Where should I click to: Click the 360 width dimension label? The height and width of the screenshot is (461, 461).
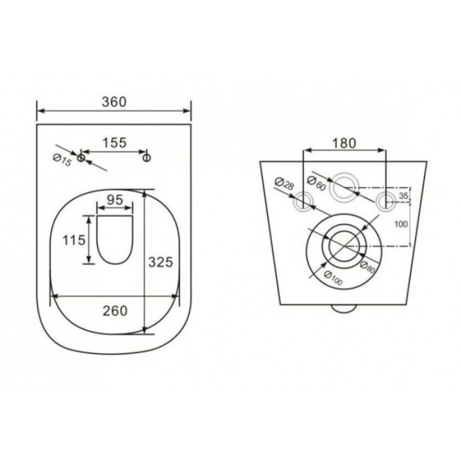click(x=114, y=102)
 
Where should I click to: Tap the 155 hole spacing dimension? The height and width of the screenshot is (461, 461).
click(x=114, y=143)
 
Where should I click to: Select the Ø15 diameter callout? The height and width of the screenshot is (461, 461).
click(x=62, y=160)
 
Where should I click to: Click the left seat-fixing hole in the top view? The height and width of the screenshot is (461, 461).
click(x=81, y=158)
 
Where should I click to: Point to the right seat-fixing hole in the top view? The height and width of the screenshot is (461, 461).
click(x=146, y=158)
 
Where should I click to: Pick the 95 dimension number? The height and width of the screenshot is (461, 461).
click(x=115, y=200)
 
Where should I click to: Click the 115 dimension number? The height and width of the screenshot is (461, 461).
click(x=74, y=240)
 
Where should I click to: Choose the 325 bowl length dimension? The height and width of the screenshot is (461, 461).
click(x=160, y=262)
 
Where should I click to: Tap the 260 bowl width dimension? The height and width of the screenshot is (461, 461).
click(x=115, y=311)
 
